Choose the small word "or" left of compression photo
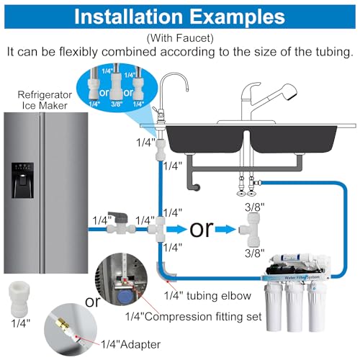tap(92, 302)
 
